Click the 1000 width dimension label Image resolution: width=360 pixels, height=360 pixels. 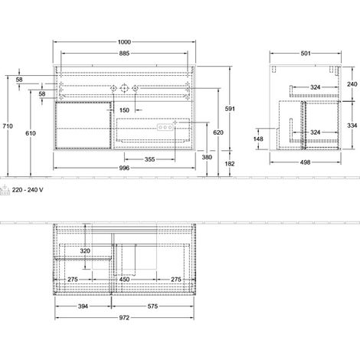coord(124,42)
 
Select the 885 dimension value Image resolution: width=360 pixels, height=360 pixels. coord(124,53)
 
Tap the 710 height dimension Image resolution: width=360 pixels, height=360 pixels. coord(8,126)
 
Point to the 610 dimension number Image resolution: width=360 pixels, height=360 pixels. coord(31,133)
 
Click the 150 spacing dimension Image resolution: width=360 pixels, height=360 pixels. coord(124,110)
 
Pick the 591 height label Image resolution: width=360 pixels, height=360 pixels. coord(230,109)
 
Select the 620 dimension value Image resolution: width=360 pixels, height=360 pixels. coord(218,133)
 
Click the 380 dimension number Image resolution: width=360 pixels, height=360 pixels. coord(207,157)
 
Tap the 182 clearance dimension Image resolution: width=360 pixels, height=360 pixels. coord(230,164)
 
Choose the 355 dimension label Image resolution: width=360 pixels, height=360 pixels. coord(149,159)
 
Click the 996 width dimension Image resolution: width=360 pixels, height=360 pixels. coord(124,168)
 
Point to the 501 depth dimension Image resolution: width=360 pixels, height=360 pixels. coord(306,53)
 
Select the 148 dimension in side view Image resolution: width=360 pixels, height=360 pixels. coord(263,139)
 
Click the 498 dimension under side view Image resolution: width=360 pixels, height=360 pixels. coord(306,162)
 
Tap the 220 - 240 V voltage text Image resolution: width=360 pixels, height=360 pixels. coord(28,190)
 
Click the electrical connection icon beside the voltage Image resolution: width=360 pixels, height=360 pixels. coord(5,190)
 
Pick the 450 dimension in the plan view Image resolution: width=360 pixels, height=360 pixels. coord(124,280)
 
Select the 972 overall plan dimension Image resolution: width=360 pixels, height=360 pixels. coord(124,318)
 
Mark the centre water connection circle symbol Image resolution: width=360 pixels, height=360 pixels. coord(124,88)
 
